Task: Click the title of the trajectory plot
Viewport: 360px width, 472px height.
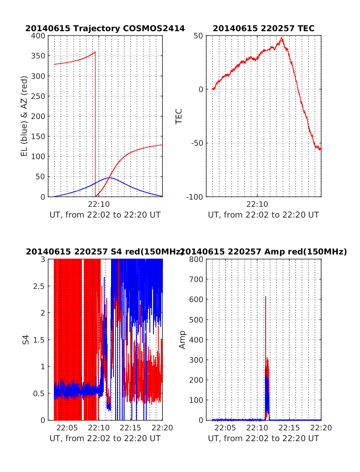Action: click(x=105, y=28)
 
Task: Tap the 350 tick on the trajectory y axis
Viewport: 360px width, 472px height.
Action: click(x=38, y=56)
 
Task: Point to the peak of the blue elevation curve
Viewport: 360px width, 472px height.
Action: click(x=109, y=178)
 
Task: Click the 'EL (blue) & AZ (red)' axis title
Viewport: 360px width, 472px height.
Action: click(x=24, y=116)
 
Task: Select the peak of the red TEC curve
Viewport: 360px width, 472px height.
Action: click(x=281, y=37)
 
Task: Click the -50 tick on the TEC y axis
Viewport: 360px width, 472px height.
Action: click(x=197, y=143)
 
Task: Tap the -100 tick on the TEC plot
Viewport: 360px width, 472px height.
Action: click(x=195, y=197)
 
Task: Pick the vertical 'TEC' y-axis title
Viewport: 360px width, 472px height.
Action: click(x=179, y=116)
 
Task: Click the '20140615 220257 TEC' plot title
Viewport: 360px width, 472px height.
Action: click(x=264, y=28)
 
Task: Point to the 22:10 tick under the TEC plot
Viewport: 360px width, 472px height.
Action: click(x=257, y=204)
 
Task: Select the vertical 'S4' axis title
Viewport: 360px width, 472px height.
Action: click(x=26, y=340)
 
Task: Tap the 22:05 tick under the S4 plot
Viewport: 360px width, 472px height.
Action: click(x=67, y=428)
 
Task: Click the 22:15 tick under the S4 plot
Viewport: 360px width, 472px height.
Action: click(x=130, y=428)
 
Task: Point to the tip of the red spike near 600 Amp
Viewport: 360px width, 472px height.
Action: click(x=265, y=297)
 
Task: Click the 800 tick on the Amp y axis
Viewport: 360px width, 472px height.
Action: click(x=196, y=259)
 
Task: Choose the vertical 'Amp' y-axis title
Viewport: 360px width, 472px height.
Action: click(x=182, y=340)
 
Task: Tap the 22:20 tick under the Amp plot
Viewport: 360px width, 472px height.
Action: click(x=321, y=428)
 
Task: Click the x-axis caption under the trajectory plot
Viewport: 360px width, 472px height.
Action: click(x=105, y=215)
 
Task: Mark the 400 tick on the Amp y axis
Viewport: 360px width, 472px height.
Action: click(x=196, y=340)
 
